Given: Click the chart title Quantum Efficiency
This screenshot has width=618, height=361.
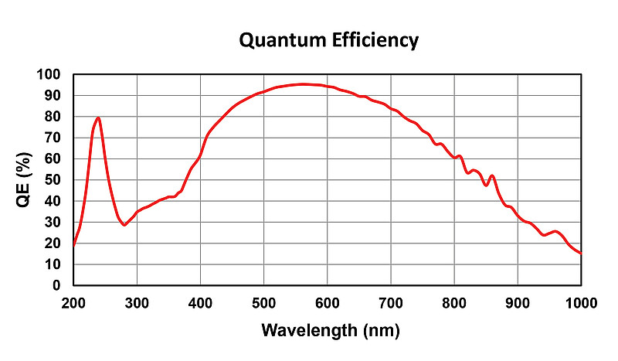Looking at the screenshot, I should (328, 40).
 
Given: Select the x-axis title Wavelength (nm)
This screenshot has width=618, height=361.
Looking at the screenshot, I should (330, 332).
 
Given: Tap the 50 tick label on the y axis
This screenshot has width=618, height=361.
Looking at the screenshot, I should (52, 180).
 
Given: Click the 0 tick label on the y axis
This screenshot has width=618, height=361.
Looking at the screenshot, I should (56, 285).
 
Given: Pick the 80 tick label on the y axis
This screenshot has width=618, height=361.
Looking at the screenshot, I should (52, 117).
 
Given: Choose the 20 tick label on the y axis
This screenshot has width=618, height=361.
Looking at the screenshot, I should (52, 244).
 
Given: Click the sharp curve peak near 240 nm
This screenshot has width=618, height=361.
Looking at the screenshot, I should (98, 118).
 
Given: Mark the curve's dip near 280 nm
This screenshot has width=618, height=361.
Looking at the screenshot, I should (124, 225).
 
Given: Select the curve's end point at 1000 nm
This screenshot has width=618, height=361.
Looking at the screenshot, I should (580, 253).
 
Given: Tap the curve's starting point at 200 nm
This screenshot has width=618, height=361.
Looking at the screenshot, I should (74, 246).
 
